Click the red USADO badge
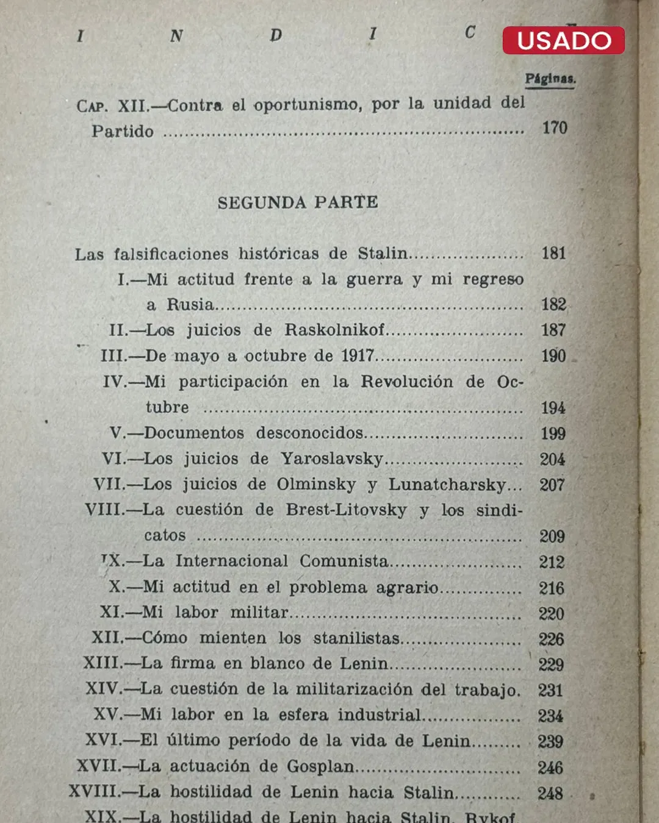pos(563,40)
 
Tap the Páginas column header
pos(550,79)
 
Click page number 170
pos(555,127)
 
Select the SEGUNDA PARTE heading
pos(298,202)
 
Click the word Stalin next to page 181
pos(383,253)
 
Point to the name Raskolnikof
pos(334,330)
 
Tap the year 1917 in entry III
pos(358,355)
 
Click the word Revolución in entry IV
pos(406,382)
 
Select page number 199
pos(553,433)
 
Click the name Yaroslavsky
pos(332,458)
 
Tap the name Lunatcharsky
pos(447,485)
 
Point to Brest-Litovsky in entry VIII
pos(346,510)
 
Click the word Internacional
pos(231,561)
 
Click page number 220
pos(552,613)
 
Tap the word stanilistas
pos(356,638)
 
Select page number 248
pos(550,793)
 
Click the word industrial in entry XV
pos(380,714)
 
